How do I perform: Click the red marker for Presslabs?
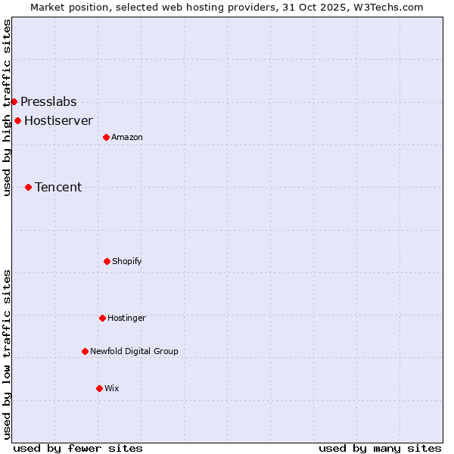point(14,101)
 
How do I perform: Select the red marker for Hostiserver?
point(17,120)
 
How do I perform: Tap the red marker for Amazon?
point(106,137)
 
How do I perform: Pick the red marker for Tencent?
point(28,187)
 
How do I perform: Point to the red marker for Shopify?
point(107,261)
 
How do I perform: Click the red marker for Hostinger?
point(102,318)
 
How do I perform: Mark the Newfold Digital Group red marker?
point(85,351)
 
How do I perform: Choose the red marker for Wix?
point(99,388)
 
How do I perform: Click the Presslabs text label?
point(48,102)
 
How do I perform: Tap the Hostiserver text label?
point(58,121)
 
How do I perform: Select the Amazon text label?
point(126,138)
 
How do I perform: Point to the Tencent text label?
point(58,188)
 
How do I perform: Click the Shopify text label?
point(126,262)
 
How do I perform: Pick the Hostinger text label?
point(126,319)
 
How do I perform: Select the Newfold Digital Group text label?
point(134,352)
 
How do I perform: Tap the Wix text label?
point(111,389)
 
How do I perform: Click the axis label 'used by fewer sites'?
point(78,448)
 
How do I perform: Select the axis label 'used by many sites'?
point(380,448)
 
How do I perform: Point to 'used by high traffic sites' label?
point(7,107)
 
